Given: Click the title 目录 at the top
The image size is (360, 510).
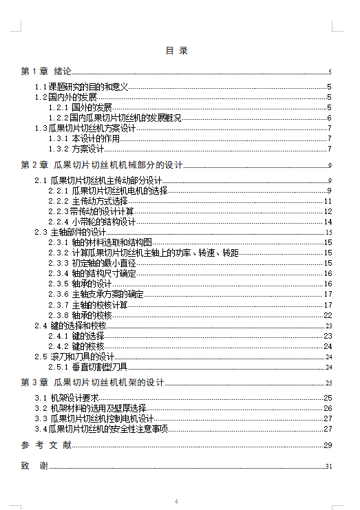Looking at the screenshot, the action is click(x=177, y=51).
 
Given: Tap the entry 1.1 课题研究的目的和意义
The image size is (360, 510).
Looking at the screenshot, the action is click(x=82, y=87).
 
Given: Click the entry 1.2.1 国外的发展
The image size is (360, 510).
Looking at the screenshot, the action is click(x=80, y=107).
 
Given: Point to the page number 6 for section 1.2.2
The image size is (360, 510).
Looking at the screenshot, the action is click(x=330, y=118).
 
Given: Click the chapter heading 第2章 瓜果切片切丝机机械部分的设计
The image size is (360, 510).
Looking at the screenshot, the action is click(x=102, y=165).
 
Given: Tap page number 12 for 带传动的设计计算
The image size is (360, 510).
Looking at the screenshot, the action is click(x=328, y=211).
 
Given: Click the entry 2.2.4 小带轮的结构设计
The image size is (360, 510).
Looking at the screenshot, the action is click(x=92, y=222).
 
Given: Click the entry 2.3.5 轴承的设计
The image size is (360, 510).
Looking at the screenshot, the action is click(x=80, y=284).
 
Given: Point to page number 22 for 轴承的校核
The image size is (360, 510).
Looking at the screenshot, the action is click(x=328, y=315).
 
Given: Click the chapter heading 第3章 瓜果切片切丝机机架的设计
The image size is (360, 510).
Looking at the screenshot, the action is click(x=93, y=383).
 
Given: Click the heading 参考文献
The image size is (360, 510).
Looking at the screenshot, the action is click(x=47, y=445).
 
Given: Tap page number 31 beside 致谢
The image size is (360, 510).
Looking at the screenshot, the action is click(x=329, y=467).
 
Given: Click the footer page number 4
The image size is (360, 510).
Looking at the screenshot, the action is click(x=176, y=501).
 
